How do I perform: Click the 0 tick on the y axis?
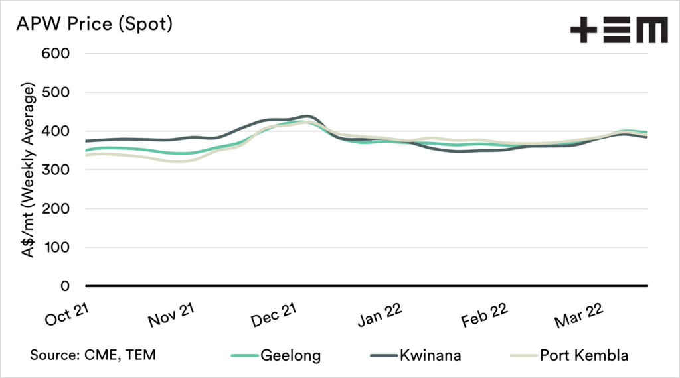coord(64,286)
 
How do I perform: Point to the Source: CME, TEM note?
coord(92,355)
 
